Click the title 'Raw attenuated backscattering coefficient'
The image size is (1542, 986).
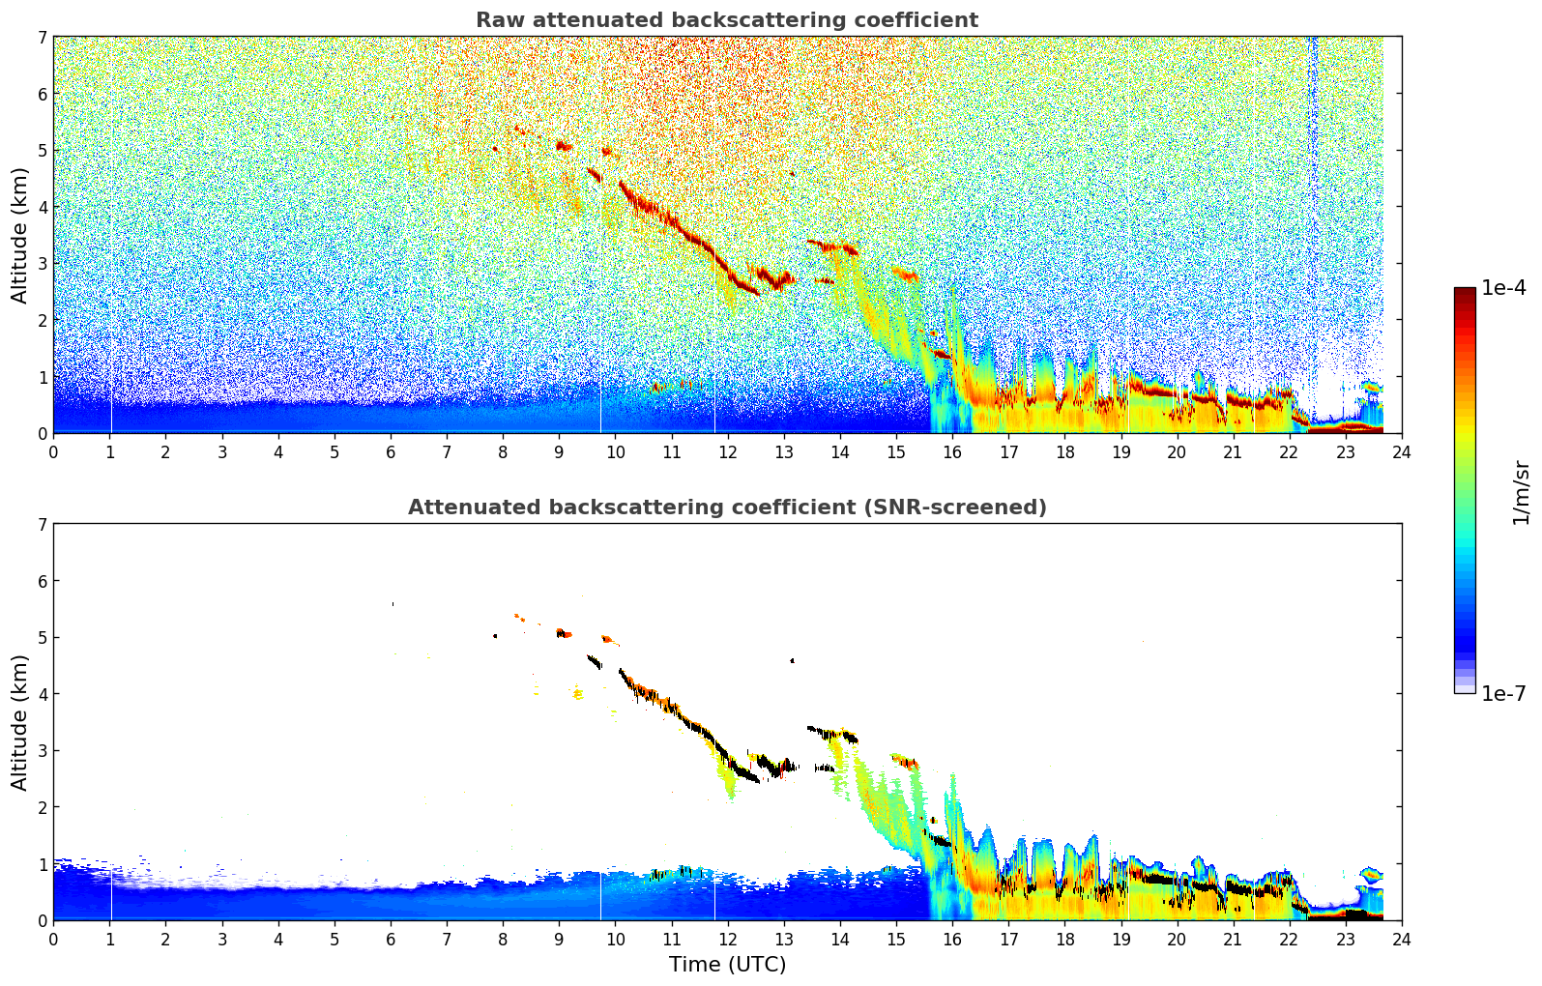tap(726, 20)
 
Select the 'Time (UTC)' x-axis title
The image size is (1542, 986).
tap(727, 964)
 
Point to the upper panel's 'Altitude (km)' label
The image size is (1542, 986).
tap(19, 235)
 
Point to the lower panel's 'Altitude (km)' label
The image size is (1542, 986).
tap(19, 722)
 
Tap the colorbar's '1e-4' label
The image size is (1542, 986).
tap(1503, 288)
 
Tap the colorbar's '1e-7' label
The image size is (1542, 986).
tap(1503, 693)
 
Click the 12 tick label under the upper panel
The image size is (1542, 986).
tap(727, 451)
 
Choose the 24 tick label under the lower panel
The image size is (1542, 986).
tap(1401, 939)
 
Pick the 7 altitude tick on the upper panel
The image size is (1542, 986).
tap(42, 38)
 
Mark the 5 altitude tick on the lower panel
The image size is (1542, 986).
tap(42, 638)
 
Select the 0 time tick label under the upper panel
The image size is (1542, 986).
tap(53, 451)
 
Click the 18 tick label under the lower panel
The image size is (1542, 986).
tap(1064, 939)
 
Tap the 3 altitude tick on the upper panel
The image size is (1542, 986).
tap(42, 264)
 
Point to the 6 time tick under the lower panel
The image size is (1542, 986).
tap(391, 939)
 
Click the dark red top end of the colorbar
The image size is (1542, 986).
tap(1464, 292)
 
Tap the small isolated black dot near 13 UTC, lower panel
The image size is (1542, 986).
tap(792, 661)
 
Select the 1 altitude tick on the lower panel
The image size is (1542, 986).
tap(42, 864)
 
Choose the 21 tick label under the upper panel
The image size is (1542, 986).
tap(1233, 451)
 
